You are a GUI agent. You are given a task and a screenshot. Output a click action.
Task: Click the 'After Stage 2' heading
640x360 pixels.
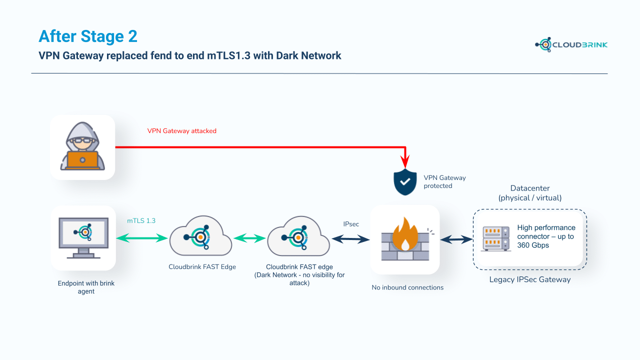pyautogui.click(x=88, y=36)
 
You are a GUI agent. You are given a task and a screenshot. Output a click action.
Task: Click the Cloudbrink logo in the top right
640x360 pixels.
pyautogui.click(x=571, y=44)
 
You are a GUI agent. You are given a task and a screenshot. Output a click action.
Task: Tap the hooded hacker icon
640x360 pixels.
pyautogui.click(x=82, y=147)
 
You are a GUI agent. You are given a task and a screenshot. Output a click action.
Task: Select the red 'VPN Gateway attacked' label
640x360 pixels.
pyautogui.click(x=181, y=131)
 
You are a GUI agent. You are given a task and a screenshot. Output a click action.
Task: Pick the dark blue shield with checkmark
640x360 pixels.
pyautogui.click(x=405, y=182)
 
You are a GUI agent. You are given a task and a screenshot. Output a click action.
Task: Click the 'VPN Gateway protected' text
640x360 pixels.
pyautogui.click(x=444, y=182)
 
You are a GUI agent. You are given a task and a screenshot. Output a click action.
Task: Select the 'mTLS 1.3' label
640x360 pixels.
pyautogui.click(x=141, y=220)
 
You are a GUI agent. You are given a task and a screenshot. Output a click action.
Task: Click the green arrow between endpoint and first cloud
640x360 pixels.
pyautogui.click(x=142, y=239)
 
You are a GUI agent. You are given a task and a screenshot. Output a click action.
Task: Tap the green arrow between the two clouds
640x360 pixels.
pyautogui.click(x=249, y=239)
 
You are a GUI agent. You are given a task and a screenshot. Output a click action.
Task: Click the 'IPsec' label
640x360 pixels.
pyautogui.click(x=350, y=224)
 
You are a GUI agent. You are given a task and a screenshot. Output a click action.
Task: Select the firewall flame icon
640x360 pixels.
pyautogui.click(x=405, y=239)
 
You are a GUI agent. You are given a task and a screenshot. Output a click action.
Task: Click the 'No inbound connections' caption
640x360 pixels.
pyautogui.click(x=407, y=287)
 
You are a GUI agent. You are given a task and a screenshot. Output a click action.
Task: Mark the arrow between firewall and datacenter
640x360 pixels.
pyautogui.click(x=456, y=240)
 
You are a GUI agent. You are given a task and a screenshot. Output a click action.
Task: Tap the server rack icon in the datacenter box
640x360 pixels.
pyautogui.click(x=496, y=238)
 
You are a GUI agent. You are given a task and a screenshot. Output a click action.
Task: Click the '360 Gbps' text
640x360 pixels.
pyautogui.click(x=533, y=245)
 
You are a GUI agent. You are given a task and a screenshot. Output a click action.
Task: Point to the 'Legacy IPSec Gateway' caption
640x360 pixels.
pyautogui.click(x=529, y=279)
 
